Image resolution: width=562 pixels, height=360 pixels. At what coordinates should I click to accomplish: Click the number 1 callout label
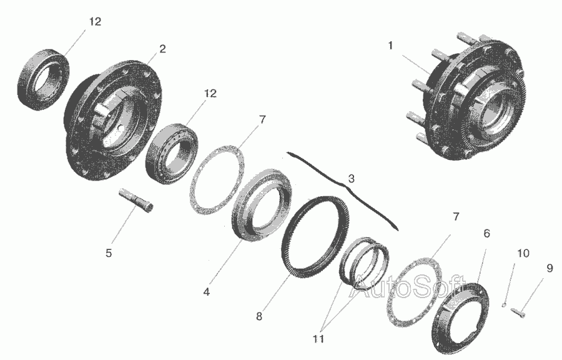coord(390,46)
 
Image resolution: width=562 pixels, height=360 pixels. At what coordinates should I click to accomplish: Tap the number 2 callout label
coord(163,49)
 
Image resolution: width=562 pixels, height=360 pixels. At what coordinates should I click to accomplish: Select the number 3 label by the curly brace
coord(351,179)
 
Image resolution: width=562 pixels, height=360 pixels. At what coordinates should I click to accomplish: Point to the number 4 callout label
coord(207,292)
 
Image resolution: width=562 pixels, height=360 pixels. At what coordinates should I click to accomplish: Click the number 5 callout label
coord(109,253)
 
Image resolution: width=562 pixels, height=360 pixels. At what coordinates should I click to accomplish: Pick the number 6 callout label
coord(486,233)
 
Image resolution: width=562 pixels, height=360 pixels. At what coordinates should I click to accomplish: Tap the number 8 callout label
coord(259,316)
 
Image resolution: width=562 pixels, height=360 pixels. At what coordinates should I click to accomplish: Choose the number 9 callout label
coord(550,268)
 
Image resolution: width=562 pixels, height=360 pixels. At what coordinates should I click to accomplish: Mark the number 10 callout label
coord(523,253)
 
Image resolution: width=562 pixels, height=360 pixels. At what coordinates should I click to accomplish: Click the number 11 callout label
coord(318,339)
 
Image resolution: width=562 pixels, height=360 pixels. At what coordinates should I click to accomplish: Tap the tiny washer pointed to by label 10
coord(504,305)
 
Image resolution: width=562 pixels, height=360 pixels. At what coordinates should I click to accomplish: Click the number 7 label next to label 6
coord(456,217)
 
